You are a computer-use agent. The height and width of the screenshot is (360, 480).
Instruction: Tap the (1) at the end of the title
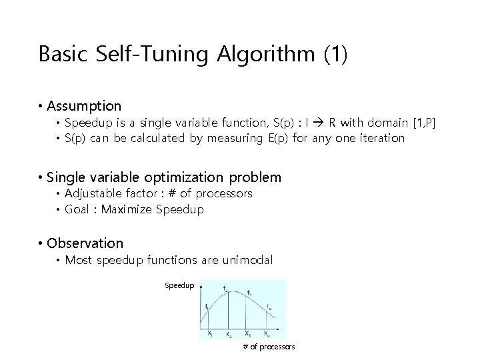(335, 54)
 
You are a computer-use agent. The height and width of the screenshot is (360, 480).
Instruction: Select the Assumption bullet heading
(84, 106)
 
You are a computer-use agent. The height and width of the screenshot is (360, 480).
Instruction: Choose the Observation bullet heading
(85, 243)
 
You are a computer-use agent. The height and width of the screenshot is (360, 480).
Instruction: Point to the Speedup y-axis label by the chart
(179, 285)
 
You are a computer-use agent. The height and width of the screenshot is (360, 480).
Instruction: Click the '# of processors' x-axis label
(269, 347)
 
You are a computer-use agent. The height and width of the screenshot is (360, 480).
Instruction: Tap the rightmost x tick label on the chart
(267, 333)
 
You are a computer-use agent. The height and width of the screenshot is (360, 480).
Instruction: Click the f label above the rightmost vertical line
(268, 306)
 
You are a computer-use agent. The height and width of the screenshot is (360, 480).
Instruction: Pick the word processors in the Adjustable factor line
(223, 193)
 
